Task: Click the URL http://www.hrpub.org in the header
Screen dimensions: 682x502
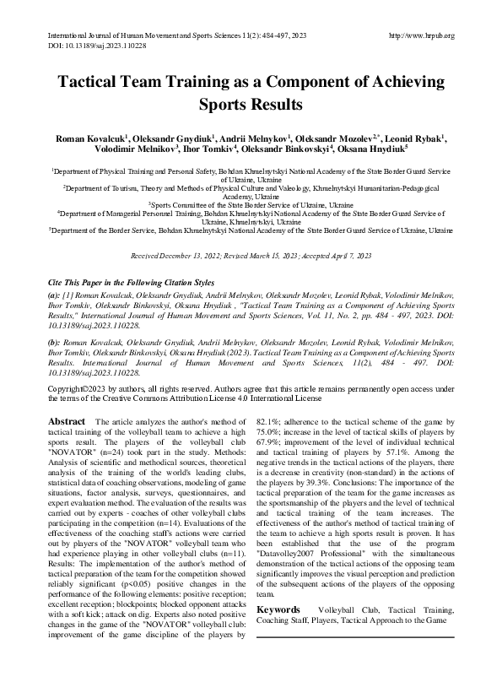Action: [419, 35]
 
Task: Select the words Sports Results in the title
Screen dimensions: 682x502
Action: [251, 106]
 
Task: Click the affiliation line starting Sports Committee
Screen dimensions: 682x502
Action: [250, 205]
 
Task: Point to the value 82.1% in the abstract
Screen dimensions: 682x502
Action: [269, 421]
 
